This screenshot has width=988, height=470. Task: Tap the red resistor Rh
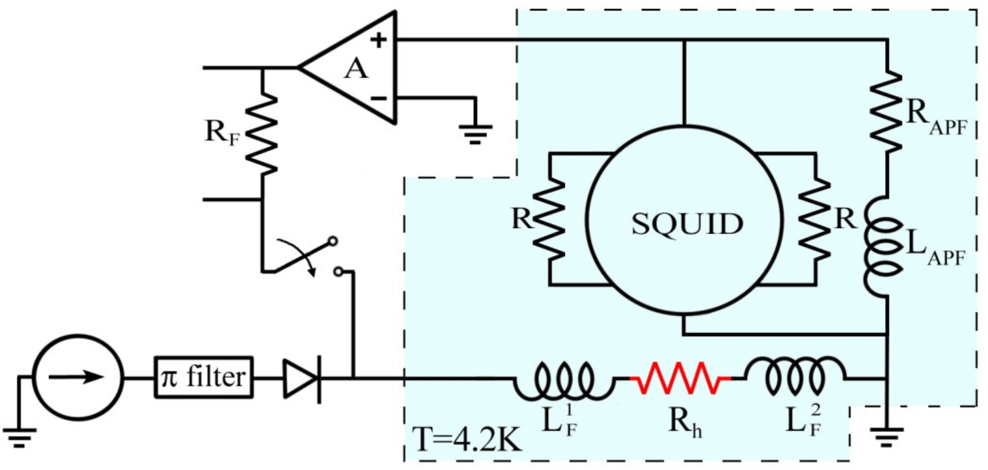(680, 378)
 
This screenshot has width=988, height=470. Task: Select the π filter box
(204, 377)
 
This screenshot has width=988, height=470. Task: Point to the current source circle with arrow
(78, 377)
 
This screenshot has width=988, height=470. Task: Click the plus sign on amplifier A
(378, 39)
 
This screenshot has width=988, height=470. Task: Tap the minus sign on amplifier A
(378, 99)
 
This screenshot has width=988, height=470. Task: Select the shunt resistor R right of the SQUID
(815, 219)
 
